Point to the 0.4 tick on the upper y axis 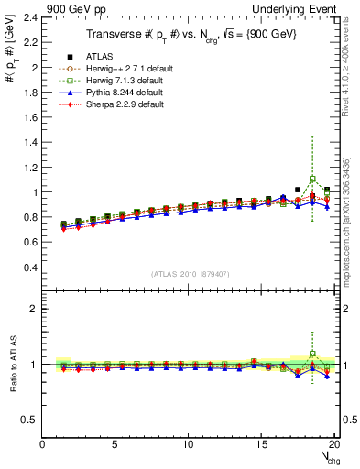(x=30, y=267)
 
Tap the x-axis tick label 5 (x=115, y=445)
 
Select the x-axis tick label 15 (x=261, y=445)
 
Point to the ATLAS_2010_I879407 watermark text (x=190, y=274)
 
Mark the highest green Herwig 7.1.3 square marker (x=312, y=179)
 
